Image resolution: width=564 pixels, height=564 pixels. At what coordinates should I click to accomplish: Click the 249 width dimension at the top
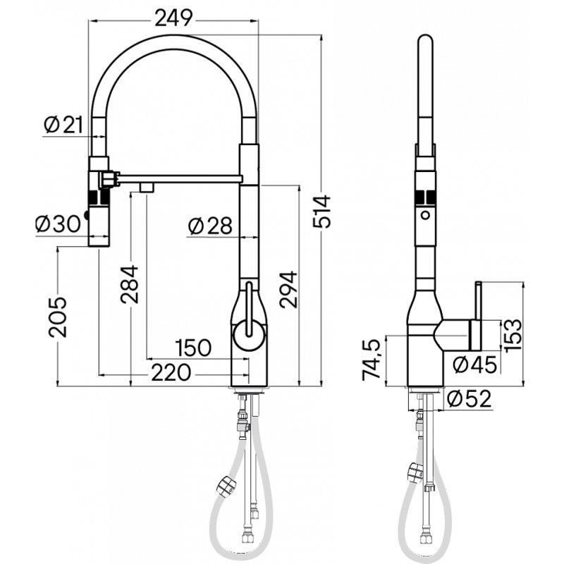click(174, 19)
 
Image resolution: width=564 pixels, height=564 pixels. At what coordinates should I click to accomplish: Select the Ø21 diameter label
click(63, 125)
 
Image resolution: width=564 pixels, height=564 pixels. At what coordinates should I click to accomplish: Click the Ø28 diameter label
click(210, 226)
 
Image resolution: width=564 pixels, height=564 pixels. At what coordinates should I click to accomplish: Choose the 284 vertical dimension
click(129, 284)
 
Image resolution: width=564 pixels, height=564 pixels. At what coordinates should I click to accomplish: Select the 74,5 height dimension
click(372, 360)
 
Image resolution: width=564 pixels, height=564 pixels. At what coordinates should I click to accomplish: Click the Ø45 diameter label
click(474, 364)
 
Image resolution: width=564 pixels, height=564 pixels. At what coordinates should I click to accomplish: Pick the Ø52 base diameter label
click(469, 399)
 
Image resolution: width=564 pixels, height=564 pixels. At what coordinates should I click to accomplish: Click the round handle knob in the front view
click(248, 334)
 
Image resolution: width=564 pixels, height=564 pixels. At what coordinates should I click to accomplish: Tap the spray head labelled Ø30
click(99, 208)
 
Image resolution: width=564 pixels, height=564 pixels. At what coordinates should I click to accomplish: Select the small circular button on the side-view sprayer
click(425, 214)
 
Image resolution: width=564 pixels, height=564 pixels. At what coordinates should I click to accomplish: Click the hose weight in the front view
click(226, 485)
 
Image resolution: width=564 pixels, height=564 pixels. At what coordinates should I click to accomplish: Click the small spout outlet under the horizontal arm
click(147, 187)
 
